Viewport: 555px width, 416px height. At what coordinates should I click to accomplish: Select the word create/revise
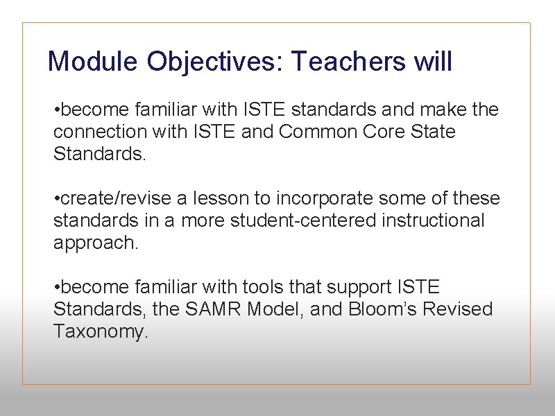point(117,198)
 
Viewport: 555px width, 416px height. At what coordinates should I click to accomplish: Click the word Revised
point(463,309)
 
